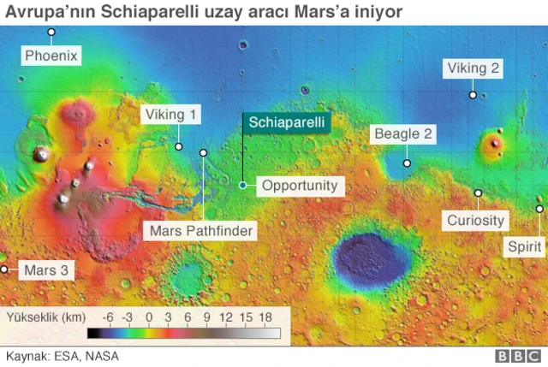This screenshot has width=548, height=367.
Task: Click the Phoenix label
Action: pos(51,56)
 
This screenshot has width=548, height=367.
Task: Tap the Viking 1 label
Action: pos(170,115)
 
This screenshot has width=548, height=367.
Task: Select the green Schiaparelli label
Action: pos(286,122)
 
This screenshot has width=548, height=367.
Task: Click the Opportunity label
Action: pos(300,185)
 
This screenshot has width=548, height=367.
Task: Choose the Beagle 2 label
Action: pos(403,134)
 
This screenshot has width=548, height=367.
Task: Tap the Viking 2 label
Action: pos(472,69)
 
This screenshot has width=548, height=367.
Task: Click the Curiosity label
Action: pos(475,220)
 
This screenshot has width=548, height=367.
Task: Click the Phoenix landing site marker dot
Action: pos(51,33)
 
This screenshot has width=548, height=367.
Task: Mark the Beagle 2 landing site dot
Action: pos(408,163)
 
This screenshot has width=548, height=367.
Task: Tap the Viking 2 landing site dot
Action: pos(472,94)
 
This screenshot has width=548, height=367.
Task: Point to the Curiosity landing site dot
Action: pos(478,193)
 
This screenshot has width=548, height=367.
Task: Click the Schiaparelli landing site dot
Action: pos(243,185)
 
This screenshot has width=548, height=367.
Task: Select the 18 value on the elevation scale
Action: pos(265,317)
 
